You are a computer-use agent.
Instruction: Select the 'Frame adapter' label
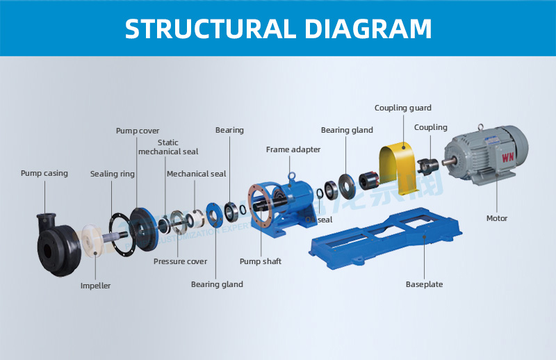(293, 149)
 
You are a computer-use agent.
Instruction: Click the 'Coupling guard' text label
(403, 108)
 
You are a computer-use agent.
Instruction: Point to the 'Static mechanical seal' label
(168, 147)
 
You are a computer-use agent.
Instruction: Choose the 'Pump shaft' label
(261, 261)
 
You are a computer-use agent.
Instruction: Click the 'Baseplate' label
(424, 284)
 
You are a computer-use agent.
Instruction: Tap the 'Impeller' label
(95, 286)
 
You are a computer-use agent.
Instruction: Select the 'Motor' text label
(497, 218)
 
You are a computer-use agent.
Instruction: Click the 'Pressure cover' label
(180, 261)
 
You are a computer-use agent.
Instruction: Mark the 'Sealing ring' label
(113, 174)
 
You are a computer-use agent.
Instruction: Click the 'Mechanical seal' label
(197, 174)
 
